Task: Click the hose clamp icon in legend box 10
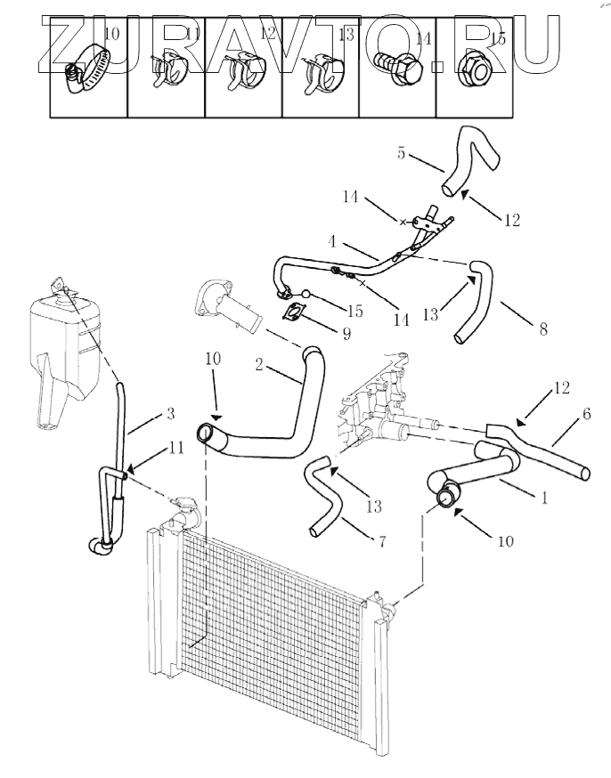(x=86, y=68)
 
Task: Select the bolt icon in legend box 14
(x=395, y=67)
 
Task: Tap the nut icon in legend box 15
(x=472, y=68)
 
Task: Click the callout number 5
(x=402, y=152)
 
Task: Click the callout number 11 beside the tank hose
(x=176, y=449)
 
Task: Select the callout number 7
(x=383, y=542)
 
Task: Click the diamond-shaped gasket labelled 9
(x=296, y=312)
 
